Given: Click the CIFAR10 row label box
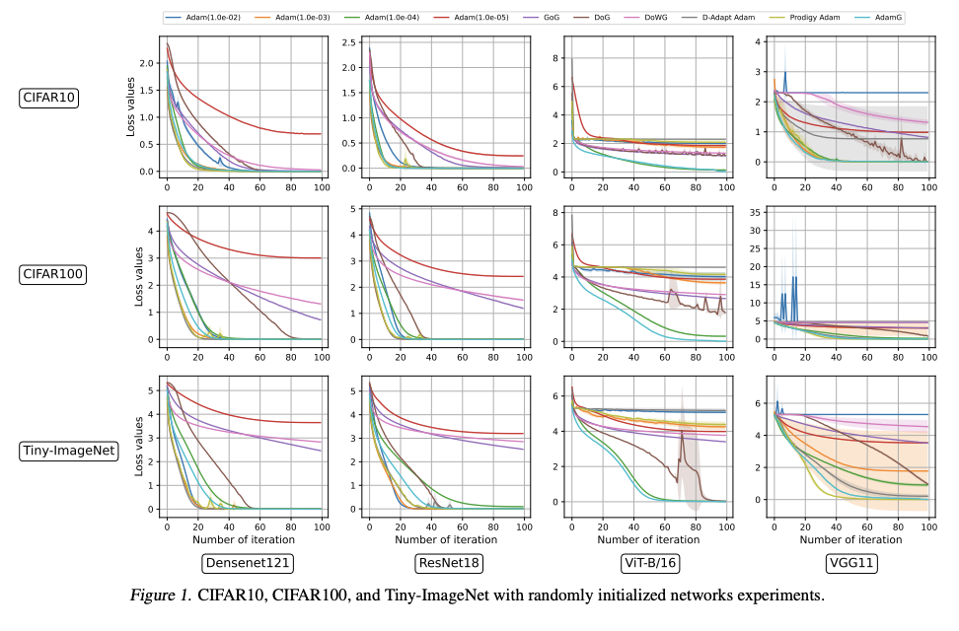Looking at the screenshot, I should tap(50, 98).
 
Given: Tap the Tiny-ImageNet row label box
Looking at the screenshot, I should tap(66, 452).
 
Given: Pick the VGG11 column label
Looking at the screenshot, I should tap(850, 563).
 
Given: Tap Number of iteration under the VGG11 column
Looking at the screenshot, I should tap(850, 539).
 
